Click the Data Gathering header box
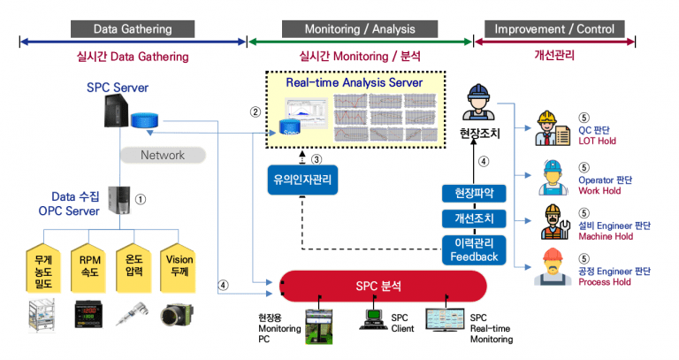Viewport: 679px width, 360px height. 133,28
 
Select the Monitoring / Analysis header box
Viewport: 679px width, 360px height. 360,28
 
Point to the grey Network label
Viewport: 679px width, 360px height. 164,155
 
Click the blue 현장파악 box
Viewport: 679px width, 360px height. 473,193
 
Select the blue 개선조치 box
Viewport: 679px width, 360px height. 473,218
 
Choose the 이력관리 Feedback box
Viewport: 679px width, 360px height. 473,249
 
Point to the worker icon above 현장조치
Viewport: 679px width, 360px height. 479,102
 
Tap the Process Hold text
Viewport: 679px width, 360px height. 605,282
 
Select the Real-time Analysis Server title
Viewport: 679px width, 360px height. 354,83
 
